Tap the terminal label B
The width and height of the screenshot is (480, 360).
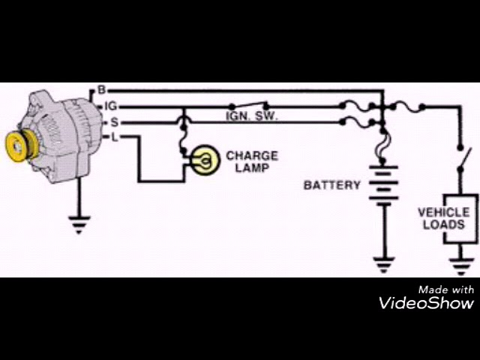tap(101, 91)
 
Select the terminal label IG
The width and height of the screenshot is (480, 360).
tap(110, 106)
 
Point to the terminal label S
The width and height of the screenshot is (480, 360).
tap(113, 121)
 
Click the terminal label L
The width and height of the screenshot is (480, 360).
tap(114, 137)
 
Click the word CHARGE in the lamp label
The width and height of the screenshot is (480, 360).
tap(252, 156)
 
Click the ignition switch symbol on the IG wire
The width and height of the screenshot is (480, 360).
tap(250, 104)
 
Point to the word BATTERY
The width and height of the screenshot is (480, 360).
tap(332, 184)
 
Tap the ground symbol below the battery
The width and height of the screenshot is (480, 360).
tap(384, 264)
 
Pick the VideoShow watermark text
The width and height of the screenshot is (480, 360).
tap(426, 303)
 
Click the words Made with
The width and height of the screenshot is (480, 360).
tap(445, 289)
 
